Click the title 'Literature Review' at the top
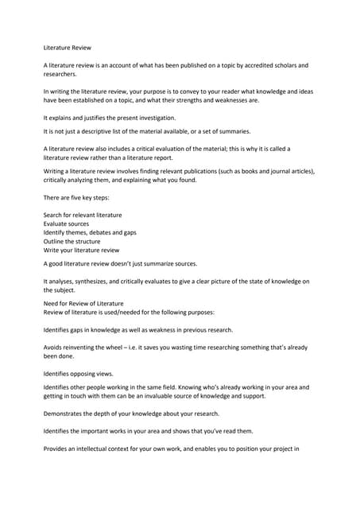tap(68, 48)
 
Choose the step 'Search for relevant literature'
tap(83, 216)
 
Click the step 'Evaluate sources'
tap(66, 224)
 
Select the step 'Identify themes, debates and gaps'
tap(90, 233)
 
